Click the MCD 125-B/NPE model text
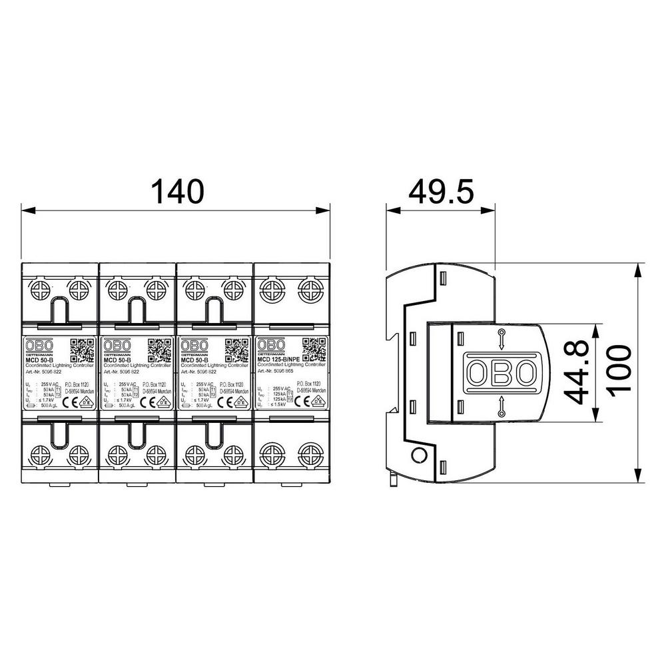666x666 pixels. click(x=282, y=360)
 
